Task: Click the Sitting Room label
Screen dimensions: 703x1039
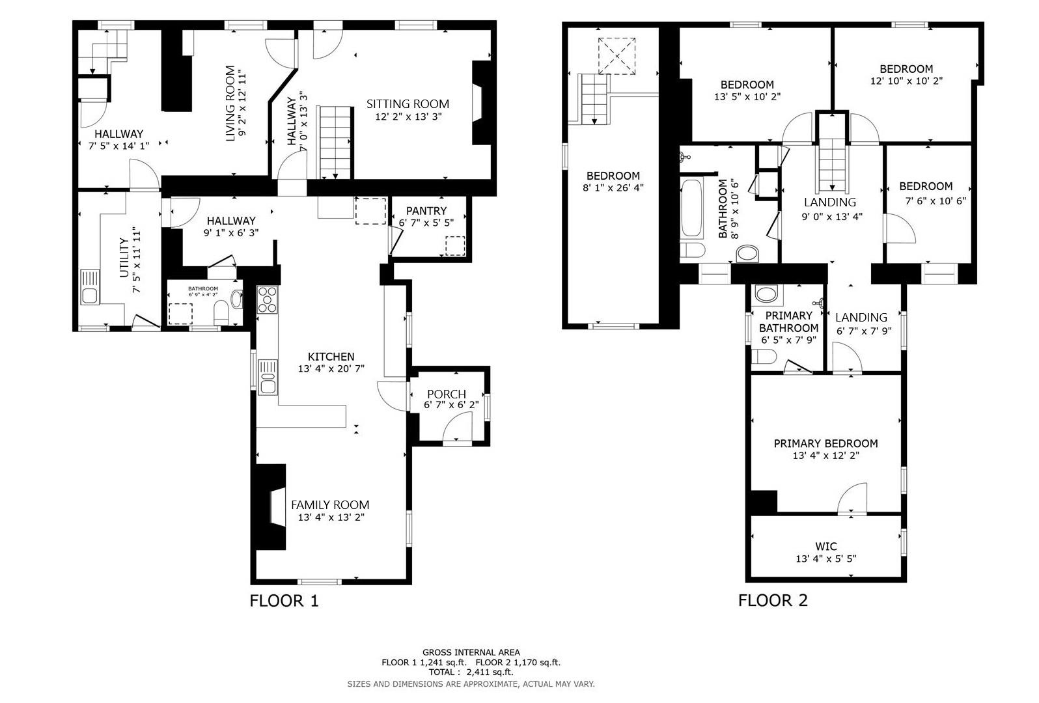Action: coord(408,103)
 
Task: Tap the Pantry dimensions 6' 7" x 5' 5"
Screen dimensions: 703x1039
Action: coord(426,223)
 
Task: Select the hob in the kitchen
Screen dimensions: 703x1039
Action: coord(267,299)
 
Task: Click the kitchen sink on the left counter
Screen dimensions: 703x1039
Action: coord(267,378)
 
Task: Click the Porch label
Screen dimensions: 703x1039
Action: coord(446,394)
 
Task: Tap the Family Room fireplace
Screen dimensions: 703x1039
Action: coord(271,507)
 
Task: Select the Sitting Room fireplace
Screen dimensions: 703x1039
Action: coord(480,103)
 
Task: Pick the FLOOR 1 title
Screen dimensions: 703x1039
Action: coord(284,600)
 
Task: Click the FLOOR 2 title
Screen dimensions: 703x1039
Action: coord(773,600)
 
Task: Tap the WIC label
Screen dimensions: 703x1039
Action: coord(825,546)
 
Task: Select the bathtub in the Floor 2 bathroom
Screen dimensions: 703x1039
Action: coord(691,208)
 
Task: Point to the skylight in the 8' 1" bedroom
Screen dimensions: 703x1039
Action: coord(616,56)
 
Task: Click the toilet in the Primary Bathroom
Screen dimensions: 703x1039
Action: coord(764,356)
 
